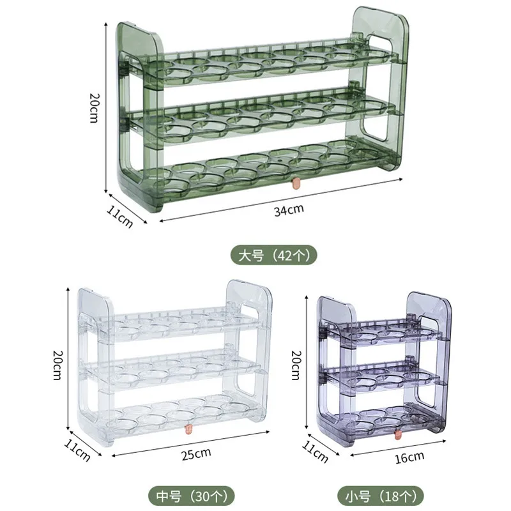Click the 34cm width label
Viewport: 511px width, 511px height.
289,210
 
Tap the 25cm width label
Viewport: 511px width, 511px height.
196,454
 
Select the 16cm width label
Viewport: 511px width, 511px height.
409,457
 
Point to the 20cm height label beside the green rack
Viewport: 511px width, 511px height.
94,108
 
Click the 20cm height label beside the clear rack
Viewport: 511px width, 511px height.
57,365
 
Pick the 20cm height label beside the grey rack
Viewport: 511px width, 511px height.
296,365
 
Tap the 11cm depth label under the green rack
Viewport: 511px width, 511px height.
119,217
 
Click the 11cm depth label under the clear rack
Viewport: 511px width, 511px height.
77,451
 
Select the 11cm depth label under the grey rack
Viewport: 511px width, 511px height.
315,452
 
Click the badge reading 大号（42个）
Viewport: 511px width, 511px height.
274,255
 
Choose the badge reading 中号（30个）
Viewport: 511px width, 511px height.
192,496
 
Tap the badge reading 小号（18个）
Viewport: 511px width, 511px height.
380,496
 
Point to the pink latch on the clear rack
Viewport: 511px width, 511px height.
188,429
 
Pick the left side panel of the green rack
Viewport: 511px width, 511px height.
139,118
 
